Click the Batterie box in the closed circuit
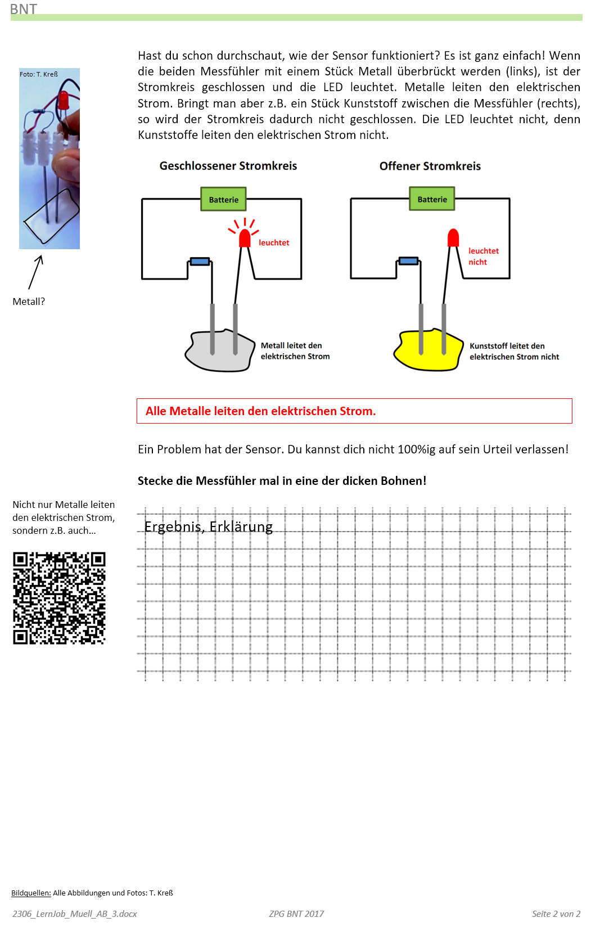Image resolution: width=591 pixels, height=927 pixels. (x=223, y=200)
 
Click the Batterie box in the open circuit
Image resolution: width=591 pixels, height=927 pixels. (x=432, y=199)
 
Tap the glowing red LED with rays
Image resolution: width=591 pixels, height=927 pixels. (x=245, y=238)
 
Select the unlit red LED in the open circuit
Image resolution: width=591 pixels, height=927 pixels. (x=453, y=237)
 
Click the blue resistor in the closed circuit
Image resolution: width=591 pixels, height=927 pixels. (x=200, y=262)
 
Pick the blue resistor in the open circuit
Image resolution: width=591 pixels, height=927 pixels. (x=408, y=261)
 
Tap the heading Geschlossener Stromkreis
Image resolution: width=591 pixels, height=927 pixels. (x=228, y=166)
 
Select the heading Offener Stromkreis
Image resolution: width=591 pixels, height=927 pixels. (x=430, y=166)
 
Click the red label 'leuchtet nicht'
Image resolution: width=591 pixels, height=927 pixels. (x=482, y=256)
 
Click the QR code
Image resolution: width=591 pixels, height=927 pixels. (x=59, y=598)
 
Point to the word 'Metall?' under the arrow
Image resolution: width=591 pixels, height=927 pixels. (x=29, y=301)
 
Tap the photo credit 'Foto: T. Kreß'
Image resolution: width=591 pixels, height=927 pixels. (x=39, y=74)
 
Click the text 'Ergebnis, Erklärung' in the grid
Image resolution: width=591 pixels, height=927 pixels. (x=208, y=526)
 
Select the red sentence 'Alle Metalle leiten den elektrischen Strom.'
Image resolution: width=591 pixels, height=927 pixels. (x=260, y=411)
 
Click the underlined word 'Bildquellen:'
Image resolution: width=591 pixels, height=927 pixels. (x=31, y=893)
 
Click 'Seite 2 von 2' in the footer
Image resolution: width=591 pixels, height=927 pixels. (x=556, y=913)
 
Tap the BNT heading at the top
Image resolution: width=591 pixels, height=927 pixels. (x=23, y=9)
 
